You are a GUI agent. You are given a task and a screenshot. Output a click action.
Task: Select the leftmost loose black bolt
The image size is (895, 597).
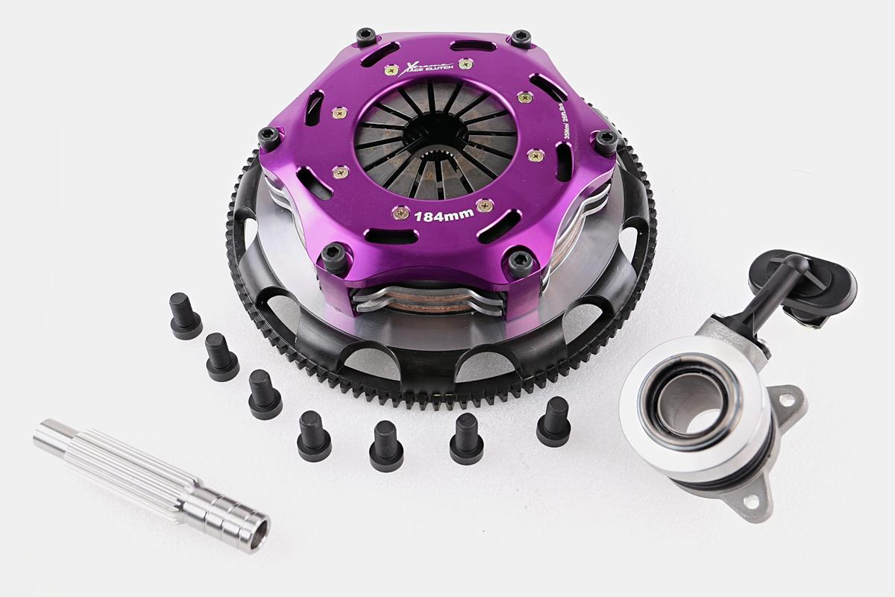click(184, 316)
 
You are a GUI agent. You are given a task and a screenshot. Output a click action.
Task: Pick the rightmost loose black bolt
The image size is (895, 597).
click(553, 422)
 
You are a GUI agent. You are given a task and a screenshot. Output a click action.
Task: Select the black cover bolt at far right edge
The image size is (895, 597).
click(606, 141)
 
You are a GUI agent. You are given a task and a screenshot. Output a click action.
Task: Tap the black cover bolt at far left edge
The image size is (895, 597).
click(268, 137)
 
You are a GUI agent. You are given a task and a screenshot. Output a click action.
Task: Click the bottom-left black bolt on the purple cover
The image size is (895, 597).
click(333, 255)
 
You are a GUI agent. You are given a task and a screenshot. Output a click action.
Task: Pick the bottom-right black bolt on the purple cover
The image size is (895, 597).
click(520, 260)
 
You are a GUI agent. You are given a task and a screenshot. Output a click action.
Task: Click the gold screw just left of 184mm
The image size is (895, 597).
click(401, 213)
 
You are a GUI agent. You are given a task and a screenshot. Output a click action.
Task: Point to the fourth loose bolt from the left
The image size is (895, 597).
click(313, 436)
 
